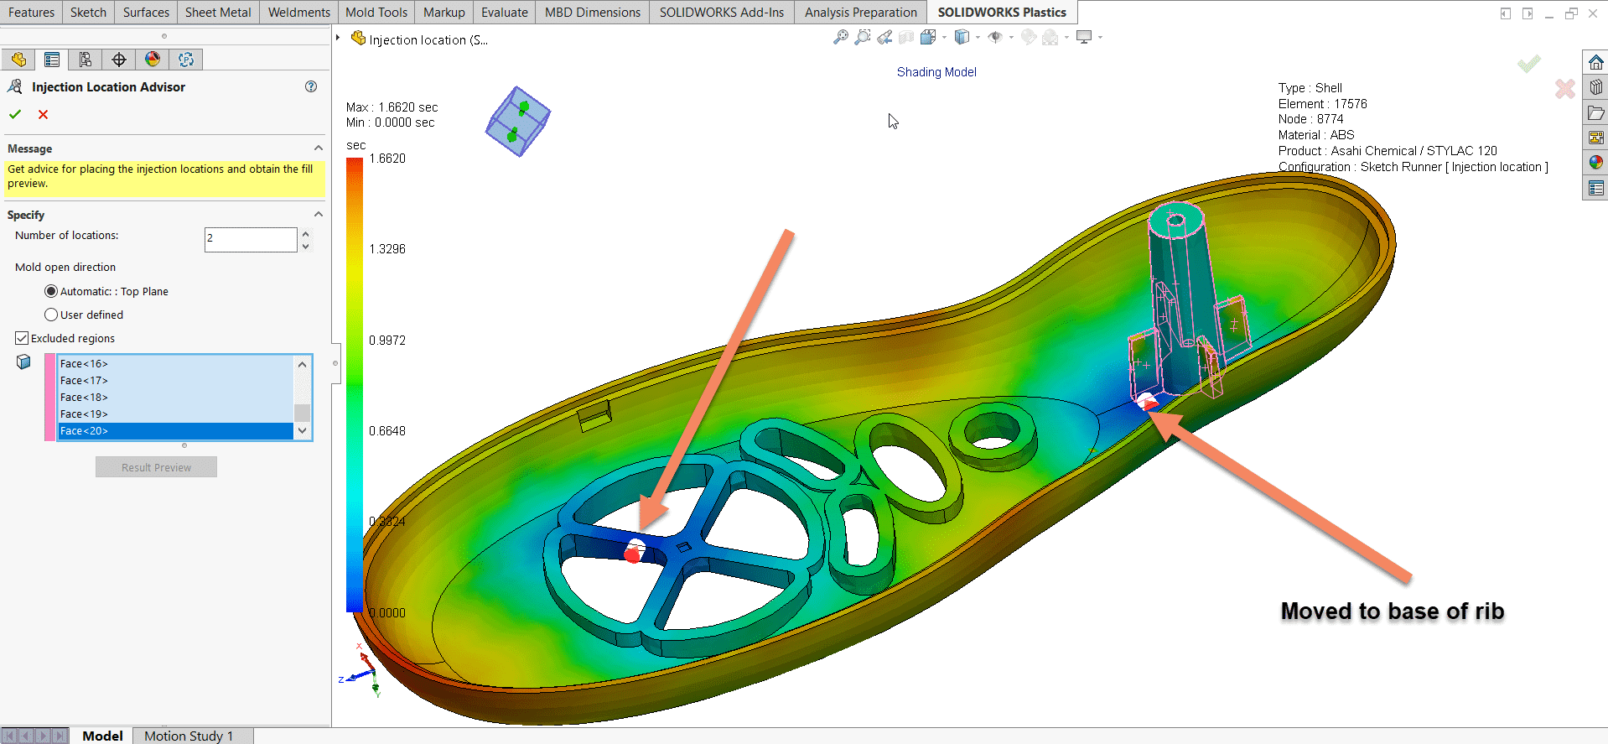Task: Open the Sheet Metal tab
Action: (x=217, y=13)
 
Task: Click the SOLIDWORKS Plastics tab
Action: (x=1001, y=13)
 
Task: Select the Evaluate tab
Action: (x=504, y=13)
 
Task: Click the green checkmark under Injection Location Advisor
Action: (x=15, y=114)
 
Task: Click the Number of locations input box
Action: (x=250, y=239)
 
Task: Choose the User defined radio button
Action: (x=51, y=315)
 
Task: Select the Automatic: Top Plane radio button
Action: (x=51, y=291)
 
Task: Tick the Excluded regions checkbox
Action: (x=22, y=338)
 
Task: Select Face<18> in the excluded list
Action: (x=84, y=397)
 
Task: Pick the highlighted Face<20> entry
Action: (x=84, y=430)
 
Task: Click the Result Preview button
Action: (x=156, y=467)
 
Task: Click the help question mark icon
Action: (x=311, y=86)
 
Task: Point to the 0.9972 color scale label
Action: (x=386, y=340)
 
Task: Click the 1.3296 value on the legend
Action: (x=386, y=249)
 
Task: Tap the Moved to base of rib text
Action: (x=1392, y=611)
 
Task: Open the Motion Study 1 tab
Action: (x=188, y=736)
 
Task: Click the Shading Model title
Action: (x=936, y=72)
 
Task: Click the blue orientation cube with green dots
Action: (x=517, y=122)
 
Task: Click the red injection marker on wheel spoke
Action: (x=633, y=554)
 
